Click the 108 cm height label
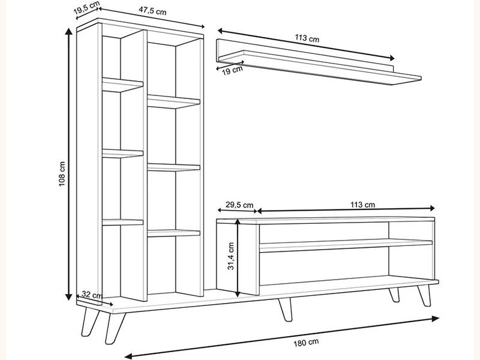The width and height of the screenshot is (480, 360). point(62,174)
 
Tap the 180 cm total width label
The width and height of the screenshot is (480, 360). point(306,342)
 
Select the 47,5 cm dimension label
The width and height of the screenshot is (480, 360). point(152,10)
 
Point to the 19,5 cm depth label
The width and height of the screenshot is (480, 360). point(86,8)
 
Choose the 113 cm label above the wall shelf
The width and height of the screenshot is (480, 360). point(307,38)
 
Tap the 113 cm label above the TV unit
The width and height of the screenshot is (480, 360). point(362,205)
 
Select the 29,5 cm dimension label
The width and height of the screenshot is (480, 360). point(239,205)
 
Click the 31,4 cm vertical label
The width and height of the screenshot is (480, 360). point(231,256)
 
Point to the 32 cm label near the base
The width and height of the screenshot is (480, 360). point(92,295)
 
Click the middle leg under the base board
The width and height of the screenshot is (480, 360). point(285,309)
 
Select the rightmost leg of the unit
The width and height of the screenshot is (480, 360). point(425,295)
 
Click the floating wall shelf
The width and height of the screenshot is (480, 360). point(319,62)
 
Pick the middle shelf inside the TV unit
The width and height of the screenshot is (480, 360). point(346,245)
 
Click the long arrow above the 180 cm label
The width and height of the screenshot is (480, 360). point(282,337)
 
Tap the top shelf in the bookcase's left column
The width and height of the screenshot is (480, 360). point(122,85)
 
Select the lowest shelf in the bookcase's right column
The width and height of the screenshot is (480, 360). point(173,233)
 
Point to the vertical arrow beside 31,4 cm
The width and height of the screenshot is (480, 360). point(238,258)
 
